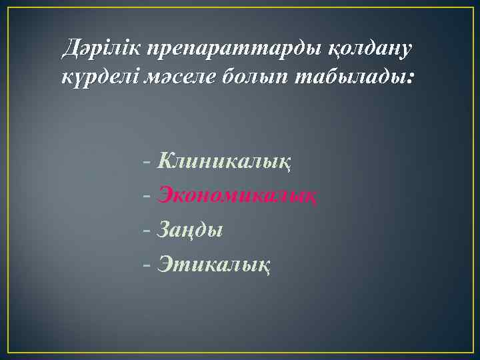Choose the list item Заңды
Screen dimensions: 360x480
[x=190, y=231]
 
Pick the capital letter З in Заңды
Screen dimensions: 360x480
[x=164, y=231]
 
